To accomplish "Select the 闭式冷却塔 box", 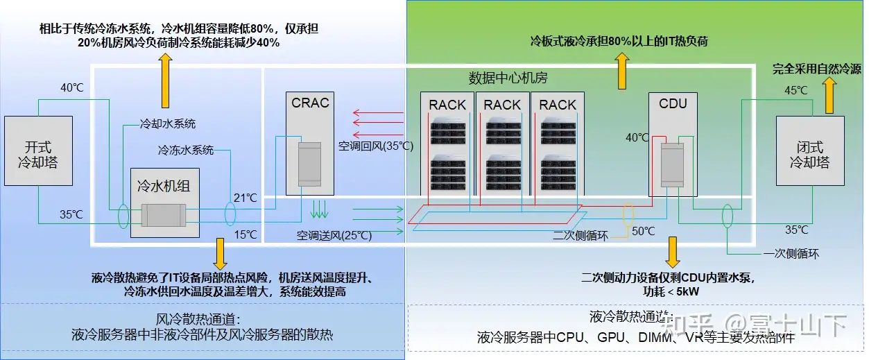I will point(809,151).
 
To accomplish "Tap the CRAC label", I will point(311,103).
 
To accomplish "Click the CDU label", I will point(673,103).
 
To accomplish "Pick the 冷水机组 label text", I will point(164,186).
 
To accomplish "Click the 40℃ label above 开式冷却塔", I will point(71,88).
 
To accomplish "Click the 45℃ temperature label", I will point(795,90).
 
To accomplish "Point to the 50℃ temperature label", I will point(643,230).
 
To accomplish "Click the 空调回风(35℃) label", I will point(375,146).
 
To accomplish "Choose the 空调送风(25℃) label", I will point(334,236).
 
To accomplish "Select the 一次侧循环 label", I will point(791,254).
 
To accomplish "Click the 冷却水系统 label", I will point(168,124).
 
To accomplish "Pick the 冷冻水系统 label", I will point(186,150).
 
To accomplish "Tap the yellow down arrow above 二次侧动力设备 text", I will point(671,252).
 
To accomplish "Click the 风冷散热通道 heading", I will point(199,320).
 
